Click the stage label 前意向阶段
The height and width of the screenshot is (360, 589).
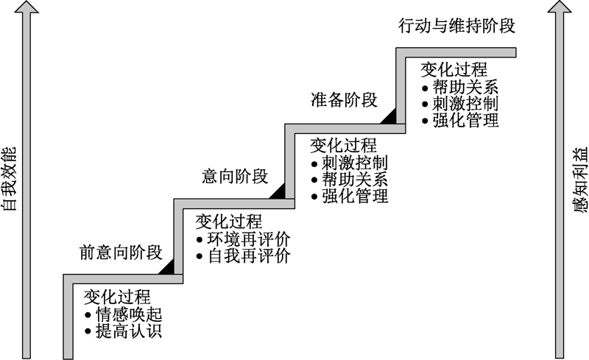120,253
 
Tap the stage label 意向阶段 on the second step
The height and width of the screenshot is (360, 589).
235,176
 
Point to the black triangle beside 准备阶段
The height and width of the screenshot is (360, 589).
388,115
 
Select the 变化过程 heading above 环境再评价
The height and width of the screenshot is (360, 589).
228,221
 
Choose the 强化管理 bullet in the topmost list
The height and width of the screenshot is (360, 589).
465,120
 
